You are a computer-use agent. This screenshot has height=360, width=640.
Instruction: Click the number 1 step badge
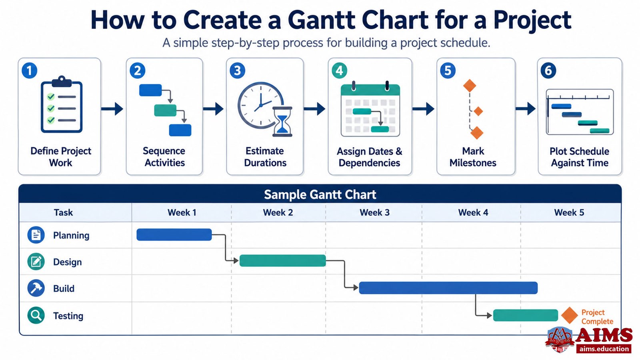pyautogui.click(x=30, y=70)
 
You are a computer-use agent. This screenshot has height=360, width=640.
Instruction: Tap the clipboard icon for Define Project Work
pyautogui.click(x=62, y=104)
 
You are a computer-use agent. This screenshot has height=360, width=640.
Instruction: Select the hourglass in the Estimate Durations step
pyautogui.click(x=282, y=122)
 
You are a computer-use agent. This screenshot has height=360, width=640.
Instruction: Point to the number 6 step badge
pyautogui.click(x=548, y=70)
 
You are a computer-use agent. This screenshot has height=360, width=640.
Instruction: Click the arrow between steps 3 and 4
pyautogui.click(x=314, y=108)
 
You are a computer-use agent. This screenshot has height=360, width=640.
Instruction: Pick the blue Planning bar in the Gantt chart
pyautogui.click(x=174, y=234)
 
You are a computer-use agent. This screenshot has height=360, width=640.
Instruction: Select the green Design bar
pyautogui.click(x=282, y=260)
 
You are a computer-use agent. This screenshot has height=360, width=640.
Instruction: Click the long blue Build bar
pyautogui.click(x=448, y=288)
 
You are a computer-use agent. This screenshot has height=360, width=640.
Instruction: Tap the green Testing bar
pyautogui.click(x=526, y=315)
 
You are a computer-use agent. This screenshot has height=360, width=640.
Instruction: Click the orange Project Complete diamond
pyautogui.click(x=570, y=316)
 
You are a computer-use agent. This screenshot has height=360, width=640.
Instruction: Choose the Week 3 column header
pyautogui.click(x=374, y=212)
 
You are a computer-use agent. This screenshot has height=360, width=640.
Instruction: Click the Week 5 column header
pyautogui.click(x=569, y=212)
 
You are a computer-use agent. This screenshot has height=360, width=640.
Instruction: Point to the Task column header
pyautogui.click(x=64, y=212)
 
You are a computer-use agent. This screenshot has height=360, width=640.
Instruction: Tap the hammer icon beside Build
pyautogui.click(x=36, y=288)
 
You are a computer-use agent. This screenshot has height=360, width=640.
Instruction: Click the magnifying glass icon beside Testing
pyautogui.click(x=36, y=315)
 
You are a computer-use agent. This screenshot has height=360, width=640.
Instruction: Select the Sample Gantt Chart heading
pyautogui.click(x=320, y=194)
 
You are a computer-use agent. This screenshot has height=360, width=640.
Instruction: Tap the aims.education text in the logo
pyautogui.click(x=604, y=348)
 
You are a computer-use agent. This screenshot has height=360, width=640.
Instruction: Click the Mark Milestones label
pyautogui.click(x=473, y=157)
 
